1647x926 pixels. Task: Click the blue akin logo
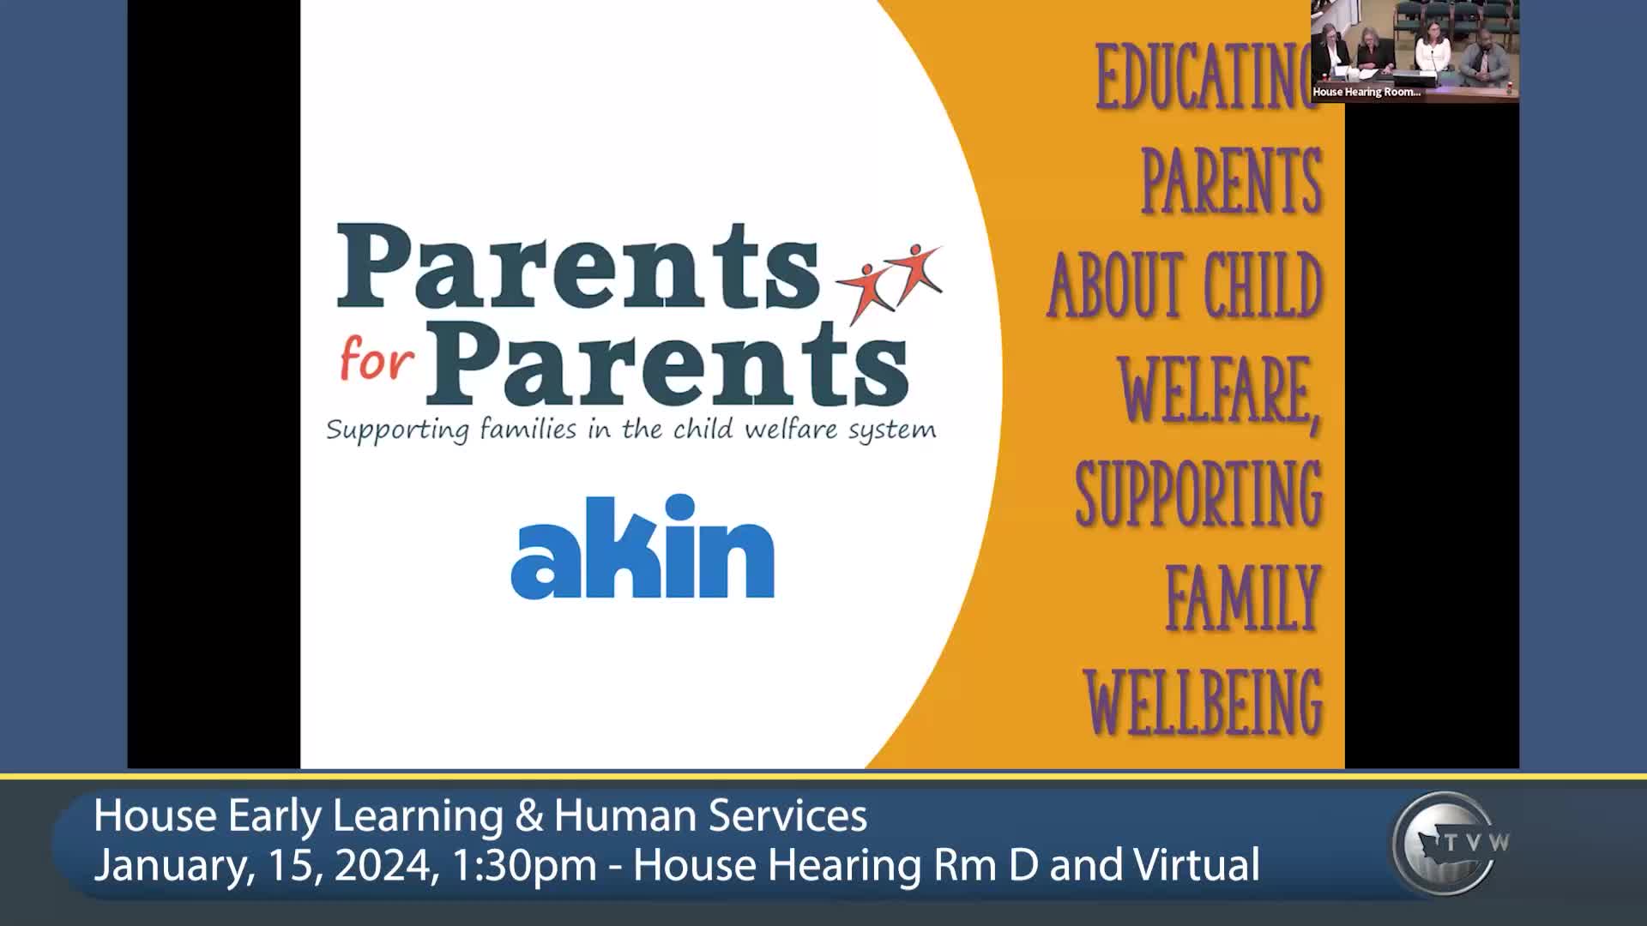point(643,549)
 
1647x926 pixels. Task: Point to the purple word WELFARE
point(1219,391)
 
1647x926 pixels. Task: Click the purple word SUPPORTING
point(1198,495)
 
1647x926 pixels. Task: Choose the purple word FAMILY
point(1242,598)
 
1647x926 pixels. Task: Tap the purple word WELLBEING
point(1203,702)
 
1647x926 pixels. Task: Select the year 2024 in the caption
point(383,864)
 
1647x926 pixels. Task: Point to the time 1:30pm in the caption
point(523,864)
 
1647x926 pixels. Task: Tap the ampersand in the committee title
point(529,815)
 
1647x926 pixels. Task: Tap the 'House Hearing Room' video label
point(1366,92)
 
